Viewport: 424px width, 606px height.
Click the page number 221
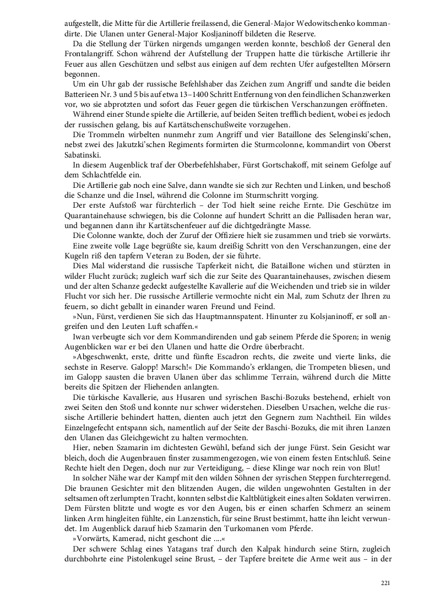[385, 583]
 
